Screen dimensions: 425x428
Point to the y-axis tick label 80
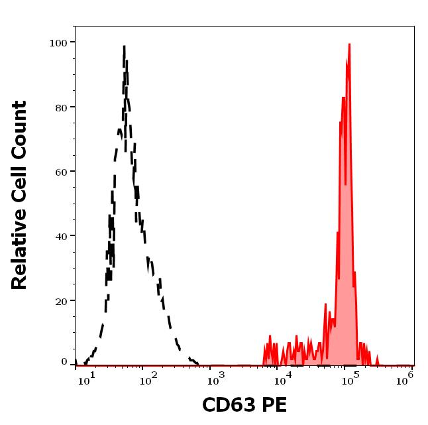click(x=61, y=107)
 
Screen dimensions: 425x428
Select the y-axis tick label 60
click(x=61, y=172)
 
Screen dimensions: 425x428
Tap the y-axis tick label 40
click(x=61, y=236)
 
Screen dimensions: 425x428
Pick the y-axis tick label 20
click(x=61, y=300)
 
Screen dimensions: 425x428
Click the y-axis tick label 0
click(x=64, y=362)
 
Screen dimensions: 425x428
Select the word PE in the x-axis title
click(x=274, y=405)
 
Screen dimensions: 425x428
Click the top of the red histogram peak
click(x=348, y=44)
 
